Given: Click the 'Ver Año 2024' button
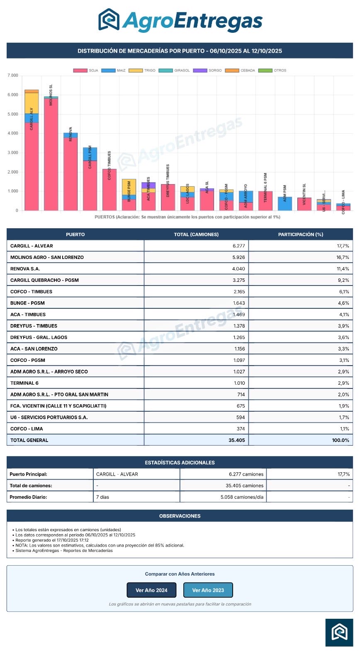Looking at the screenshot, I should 151,590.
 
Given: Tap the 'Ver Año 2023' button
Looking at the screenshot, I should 208,590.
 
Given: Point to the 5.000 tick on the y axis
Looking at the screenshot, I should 13,114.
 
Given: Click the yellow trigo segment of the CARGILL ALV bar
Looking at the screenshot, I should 32,103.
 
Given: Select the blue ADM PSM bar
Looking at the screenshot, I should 285,204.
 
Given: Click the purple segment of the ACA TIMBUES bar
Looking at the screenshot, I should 148,185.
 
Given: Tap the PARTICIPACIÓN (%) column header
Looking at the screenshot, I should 300,234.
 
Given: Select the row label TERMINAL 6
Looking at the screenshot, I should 24,383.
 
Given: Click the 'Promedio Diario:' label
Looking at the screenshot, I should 28,497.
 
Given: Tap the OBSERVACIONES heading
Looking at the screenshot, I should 180,516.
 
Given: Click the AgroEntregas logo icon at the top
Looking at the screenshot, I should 109,20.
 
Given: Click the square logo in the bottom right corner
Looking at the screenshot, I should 339,632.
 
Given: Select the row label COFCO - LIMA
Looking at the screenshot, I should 27,429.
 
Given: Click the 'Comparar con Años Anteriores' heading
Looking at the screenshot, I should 180,574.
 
